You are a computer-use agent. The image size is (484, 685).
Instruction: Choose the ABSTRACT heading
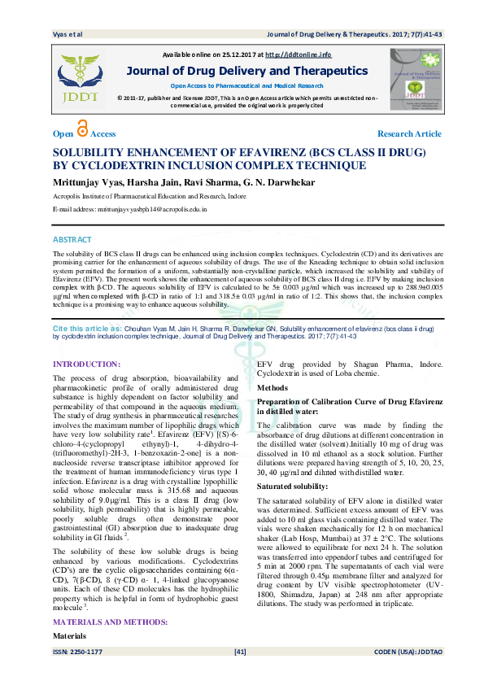(x=72, y=239)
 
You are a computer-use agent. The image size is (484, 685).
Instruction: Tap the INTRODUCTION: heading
(x=86, y=364)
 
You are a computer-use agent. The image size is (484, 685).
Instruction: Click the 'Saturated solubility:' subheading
(x=292, y=485)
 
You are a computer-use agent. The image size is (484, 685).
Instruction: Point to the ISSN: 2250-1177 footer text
(x=77, y=674)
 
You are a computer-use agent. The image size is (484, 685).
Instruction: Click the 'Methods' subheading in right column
(x=273, y=389)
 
